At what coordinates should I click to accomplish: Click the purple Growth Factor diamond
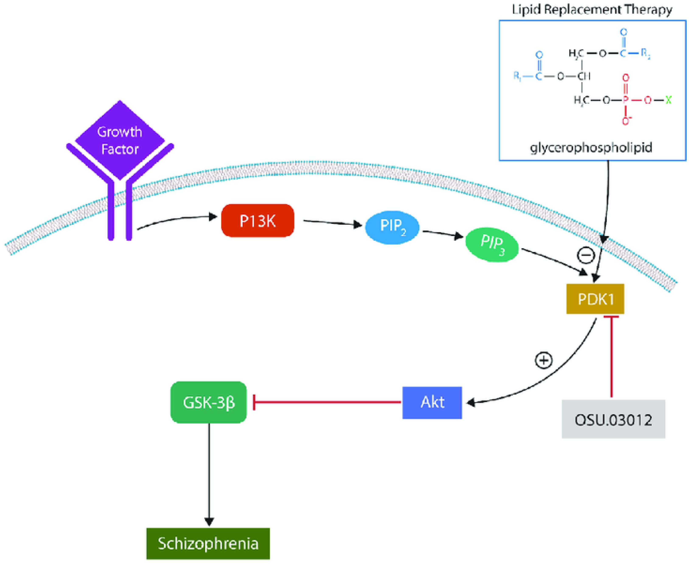pos(120,140)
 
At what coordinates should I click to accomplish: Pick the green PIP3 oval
pos(492,244)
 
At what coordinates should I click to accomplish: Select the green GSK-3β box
pos(208,402)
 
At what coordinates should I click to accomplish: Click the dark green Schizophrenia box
pos(208,543)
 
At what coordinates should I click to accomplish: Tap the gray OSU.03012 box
pos(613,419)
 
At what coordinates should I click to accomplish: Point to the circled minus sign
pos(586,255)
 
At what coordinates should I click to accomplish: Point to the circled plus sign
pos(544,360)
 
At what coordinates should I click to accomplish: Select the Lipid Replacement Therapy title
pos(592,10)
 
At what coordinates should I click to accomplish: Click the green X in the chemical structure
pos(668,100)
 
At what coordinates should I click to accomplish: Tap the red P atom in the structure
pos(625,100)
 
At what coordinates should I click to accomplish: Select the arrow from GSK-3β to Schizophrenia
pos(209,474)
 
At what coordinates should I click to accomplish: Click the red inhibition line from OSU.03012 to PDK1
pos(612,357)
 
